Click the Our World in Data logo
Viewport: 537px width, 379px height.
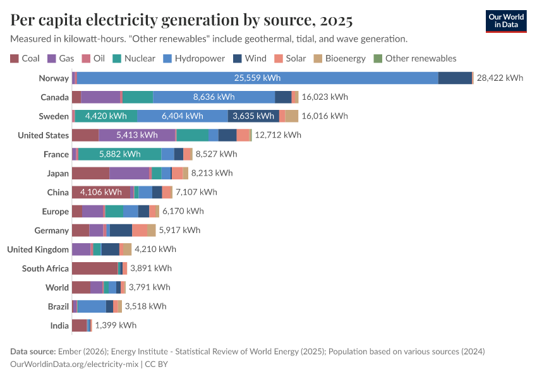point(506,21)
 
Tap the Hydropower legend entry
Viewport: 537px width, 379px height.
point(194,59)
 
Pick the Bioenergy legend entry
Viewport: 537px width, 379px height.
point(339,59)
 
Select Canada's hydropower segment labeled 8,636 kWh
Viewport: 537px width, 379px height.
point(214,97)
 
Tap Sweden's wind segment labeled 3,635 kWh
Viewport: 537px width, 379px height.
point(253,116)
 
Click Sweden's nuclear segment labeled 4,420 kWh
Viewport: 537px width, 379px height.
point(106,116)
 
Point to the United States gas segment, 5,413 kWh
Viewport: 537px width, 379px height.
point(137,135)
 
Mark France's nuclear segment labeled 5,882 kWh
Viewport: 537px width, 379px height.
point(119,154)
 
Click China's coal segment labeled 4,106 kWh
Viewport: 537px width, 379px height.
point(100,192)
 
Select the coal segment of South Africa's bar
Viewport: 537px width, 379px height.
point(95,268)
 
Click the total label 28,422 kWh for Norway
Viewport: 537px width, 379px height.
point(500,78)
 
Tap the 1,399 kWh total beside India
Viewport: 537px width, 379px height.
point(116,325)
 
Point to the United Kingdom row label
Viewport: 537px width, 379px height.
point(38,250)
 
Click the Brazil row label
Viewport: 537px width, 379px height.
point(58,306)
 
